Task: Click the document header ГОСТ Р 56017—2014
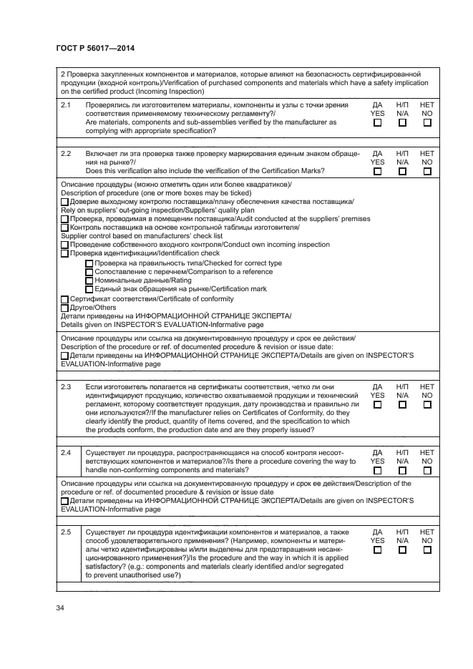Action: tap(95, 48)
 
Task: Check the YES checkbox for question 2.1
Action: tap(377, 122)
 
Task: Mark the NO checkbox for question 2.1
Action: tap(427, 122)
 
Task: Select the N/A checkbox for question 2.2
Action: tap(402, 171)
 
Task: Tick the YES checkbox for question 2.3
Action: tap(377, 404)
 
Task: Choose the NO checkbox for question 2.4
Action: tap(427, 470)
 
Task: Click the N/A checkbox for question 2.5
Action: tap(402, 550)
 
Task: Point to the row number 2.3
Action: tap(66, 386)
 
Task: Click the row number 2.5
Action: tap(66, 532)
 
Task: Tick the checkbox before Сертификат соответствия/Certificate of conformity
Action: tap(65, 299)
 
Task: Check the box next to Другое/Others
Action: tap(65, 308)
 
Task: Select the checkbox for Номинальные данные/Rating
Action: tap(89, 280)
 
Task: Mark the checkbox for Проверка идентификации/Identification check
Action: tap(65, 253)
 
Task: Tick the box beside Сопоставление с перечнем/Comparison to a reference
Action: tap(89, 271)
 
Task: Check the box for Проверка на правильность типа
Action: tap(89, 263)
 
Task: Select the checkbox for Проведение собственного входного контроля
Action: tap(65, 245)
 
